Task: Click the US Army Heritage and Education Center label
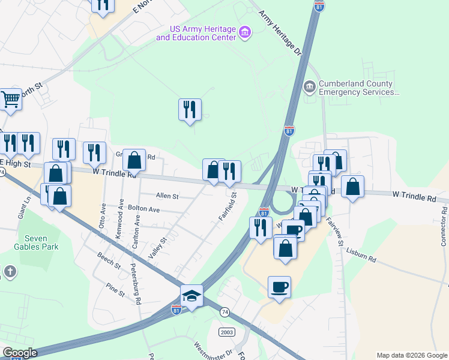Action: click(196, 33)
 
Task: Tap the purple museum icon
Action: click(244, 32)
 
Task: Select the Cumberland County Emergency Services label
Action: click(357, 88)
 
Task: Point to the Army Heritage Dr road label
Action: click(280, 32)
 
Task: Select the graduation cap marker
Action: click(191, 295)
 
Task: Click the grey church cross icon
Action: click(9, 272)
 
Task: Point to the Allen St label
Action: click(167, 196)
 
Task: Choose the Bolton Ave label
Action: click(143, 209)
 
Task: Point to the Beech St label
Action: click(109, 262)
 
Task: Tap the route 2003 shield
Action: click(226, 332)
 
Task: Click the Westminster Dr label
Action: click(212, 351)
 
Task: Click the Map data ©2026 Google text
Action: click(412, 355)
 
